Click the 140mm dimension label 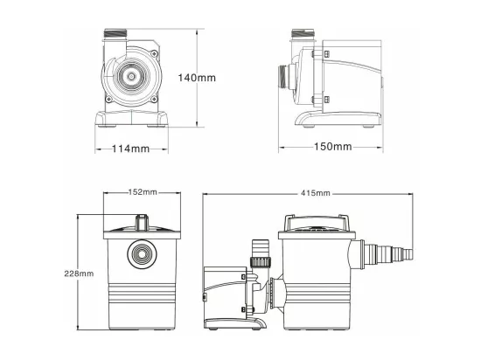(197, 78)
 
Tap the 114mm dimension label (130, 149)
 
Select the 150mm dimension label (333, 147)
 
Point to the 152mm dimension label (143, 192)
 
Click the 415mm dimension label (316, 193)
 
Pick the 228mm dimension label (79, 273)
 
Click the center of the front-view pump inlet (131, 76)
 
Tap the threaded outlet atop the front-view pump (115, 33)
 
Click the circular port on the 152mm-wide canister (142, 253)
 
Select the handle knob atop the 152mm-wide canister (142, 222)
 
